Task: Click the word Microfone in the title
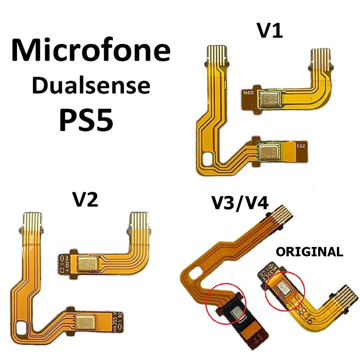click(91, 50)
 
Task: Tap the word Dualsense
click(91, 85)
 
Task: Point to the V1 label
click(270, 31)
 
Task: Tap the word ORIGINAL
click(309, 252)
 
